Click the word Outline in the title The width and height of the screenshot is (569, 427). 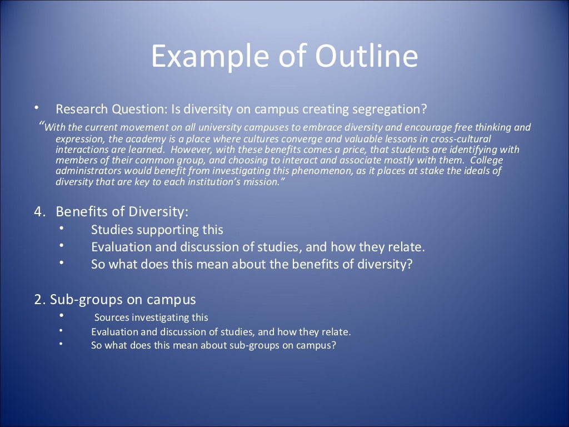(x=366, y=57)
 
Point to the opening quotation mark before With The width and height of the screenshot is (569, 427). (x=42, y=125)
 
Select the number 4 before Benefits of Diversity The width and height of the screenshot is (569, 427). (x=38, y=212)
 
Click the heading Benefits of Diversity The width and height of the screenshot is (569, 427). (x=122, y=212)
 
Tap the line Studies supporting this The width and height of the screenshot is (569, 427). (x=157, y=230)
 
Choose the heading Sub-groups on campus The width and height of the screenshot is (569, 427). (x=123, y=300)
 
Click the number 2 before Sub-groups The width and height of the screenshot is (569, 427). (x=38, y=300)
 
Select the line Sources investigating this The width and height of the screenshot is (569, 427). (x=151, y=318)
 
